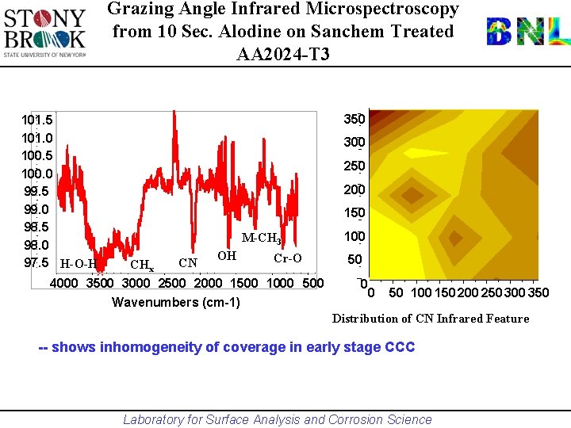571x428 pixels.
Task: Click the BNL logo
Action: pyautogui.click(x=527, y=32)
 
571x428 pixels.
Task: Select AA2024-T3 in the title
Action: pyautogui.click(x=283, y=55)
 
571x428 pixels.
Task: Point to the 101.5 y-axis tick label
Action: pyautogui.click(x=37, y=120)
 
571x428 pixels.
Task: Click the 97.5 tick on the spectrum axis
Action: pyautogui.click(x=37, y=262)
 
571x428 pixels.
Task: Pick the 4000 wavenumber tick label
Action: pyautogui.click(x=65, y=283)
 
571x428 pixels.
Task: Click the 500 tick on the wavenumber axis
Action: pyautogui.click(x=313, y=283)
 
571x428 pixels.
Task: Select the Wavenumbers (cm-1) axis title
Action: pyautogui.click(x=176, y=302)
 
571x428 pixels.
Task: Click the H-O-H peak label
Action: pyautogui.click(x=78, y=264)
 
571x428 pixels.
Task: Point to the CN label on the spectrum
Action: pyautogui.click(x=188, y=262)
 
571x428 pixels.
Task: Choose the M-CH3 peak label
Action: pyautogui.click(x=262, y=239)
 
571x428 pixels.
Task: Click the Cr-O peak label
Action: pyautogui.click(x=287, y=258)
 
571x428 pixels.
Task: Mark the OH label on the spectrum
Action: pyautogui.click(x=227, y=255)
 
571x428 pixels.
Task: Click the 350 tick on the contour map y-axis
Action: pyautogui.click(x=354, y=120)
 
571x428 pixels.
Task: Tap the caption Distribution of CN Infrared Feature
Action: pyautogui.click(x=430, y=319)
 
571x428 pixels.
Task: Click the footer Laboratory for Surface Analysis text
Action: pyautogui.click(x=278, y=419)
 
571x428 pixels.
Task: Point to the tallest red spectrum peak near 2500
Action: pyautogui.click(x=174, y=115)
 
